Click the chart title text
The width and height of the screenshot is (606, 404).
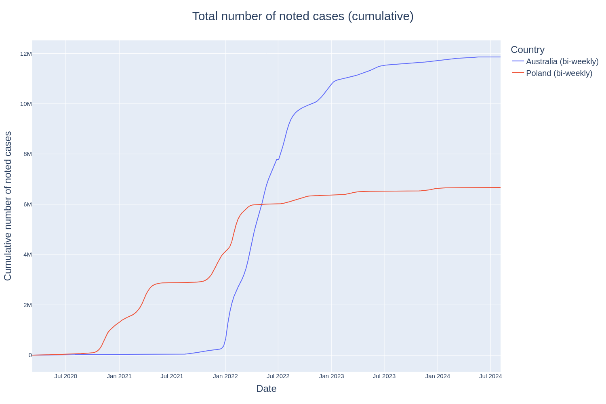(x=303, y=16)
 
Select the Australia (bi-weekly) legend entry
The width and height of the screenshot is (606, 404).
(x=562, y=61)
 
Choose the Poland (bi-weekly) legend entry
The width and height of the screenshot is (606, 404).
(x=559, y=73)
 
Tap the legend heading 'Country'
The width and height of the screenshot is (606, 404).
(x=527, y=50)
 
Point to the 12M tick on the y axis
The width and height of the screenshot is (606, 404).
(x=26, y=54)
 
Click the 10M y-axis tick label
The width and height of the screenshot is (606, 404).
(x=26, y=104)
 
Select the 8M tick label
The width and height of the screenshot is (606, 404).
(x=27, y=154)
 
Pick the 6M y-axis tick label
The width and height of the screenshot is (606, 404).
(x=27, y=204)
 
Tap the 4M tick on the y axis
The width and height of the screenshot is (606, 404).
(x=27, y=255)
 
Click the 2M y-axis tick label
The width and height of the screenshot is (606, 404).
(x=27, y=305)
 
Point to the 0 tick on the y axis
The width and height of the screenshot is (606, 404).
(x=30, y=355)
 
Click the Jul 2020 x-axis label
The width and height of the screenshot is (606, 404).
(x=65, y=376)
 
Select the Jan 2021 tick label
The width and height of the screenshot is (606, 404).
(x=119, y=376)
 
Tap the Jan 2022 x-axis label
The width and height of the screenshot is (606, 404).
(x=225, y=376)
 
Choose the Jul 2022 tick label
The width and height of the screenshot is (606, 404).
(x=278, y=376)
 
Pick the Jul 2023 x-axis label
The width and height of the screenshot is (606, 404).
(x=384, y=376)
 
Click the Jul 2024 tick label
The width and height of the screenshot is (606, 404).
(x=490, y=376)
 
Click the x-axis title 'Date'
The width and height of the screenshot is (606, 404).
(x=266, y=389)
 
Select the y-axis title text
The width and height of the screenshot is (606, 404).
(x=8, y=206)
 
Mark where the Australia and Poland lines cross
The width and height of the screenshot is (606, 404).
(x=262, y=204)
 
